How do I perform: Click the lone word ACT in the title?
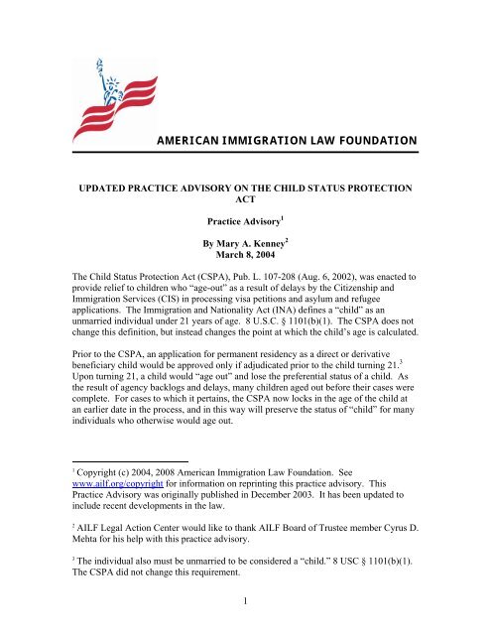point(245,199)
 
